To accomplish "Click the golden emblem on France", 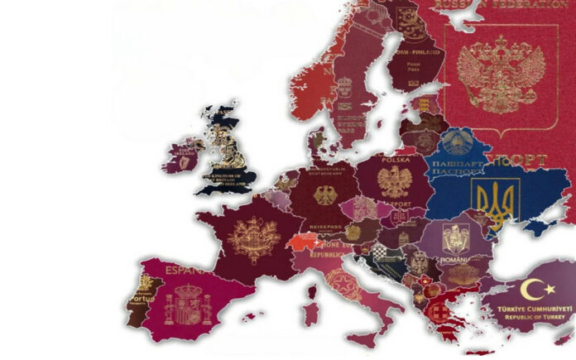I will point(253,238).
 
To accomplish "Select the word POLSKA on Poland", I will point(396,160).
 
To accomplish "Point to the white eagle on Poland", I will point(395,180).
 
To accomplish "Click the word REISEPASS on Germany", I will point(324,224).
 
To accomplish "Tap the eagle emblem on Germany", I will point(324,195).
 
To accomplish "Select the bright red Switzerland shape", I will point(299,242).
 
